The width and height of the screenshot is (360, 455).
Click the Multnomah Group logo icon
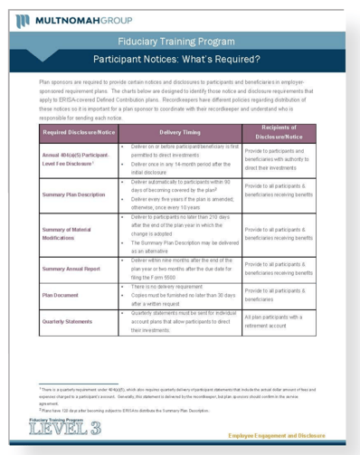click(23, 17)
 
